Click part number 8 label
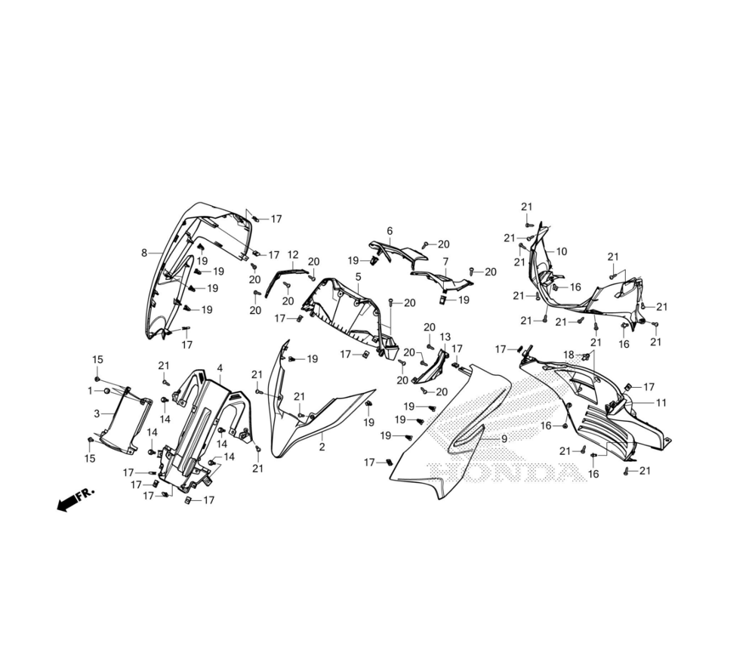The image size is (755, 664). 143,254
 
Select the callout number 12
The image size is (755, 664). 293,255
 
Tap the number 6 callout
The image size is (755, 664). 390,231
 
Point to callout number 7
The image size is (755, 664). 445,261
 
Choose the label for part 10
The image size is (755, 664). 562,251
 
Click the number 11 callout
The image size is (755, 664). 661,402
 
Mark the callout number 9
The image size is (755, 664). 504,438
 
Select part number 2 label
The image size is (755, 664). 322,447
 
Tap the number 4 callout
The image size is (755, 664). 220,368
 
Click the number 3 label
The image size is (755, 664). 97,413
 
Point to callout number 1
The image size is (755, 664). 90,390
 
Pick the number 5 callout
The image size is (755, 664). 357,277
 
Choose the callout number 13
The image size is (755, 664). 445,337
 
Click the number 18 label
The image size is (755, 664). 569,354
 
